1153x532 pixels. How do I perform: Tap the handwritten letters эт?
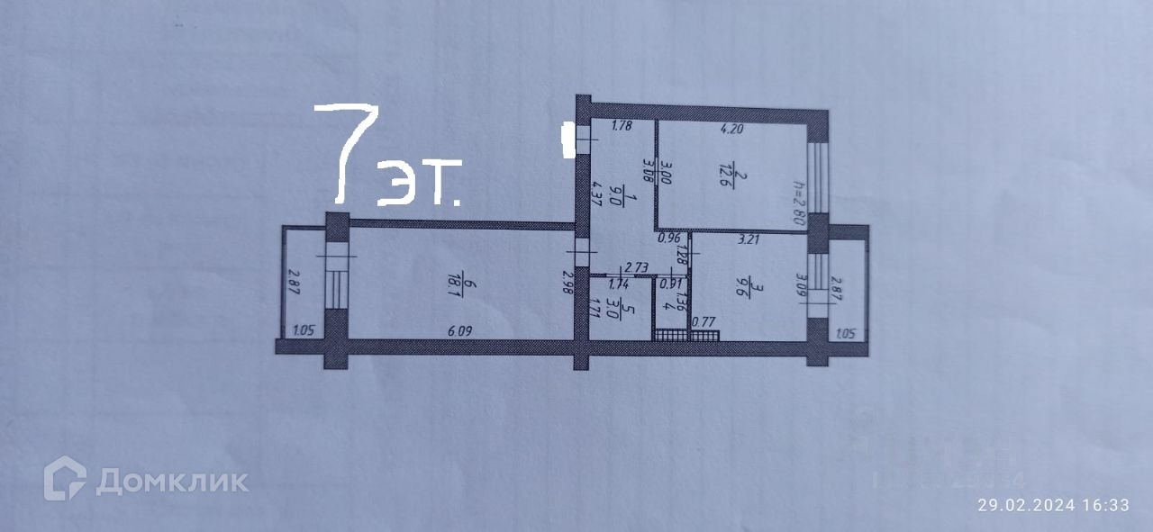pos(420,184)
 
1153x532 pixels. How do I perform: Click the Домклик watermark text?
pos(171,481)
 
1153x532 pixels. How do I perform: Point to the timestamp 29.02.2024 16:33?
pos(1053,505)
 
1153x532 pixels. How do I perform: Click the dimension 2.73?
pos(638,267)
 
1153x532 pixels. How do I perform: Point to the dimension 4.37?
pos(595,196)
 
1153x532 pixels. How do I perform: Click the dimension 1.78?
pos(622,127)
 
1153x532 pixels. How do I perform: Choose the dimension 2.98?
pos(567,283)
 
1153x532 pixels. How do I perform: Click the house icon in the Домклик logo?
pos(65,478)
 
